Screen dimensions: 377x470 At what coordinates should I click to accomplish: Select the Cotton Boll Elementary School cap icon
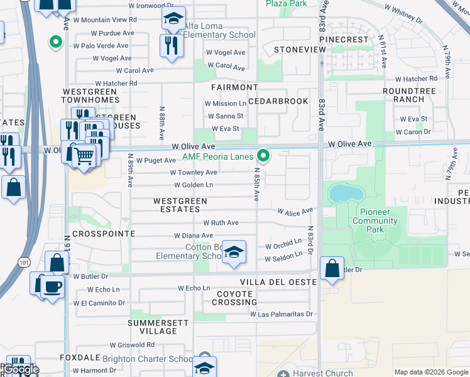click(234, 253)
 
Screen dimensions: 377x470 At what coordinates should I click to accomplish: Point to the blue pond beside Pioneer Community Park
click(343, 193)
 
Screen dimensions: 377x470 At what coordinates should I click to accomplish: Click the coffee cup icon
click(52, 287)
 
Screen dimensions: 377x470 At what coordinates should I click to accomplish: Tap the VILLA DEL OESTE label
click(278, 282)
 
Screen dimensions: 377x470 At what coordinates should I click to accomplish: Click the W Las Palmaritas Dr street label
click(281, 314)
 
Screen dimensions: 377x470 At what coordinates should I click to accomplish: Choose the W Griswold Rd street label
click(132, 345)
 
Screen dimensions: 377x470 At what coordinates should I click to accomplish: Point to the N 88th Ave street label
click(161, 123)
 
